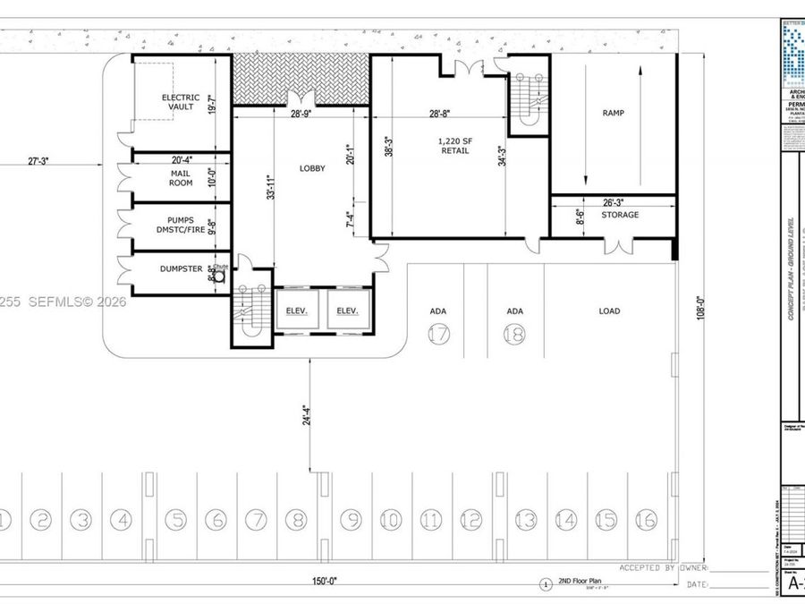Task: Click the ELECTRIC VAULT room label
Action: pyautogui.click(x=179, y=102)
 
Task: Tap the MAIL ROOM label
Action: pyautogui.click(x=180, y=177)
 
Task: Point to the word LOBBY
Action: pyautogui.click(x=312, y=168)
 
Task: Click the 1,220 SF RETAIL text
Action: pyautogui.click(x=454, y=147)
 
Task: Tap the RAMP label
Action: pyautogui.click(x=613, y=114)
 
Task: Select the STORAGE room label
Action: pyautogui.click(x=620, y=215)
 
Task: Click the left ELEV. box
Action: pyautogui.click(x=297, y=311)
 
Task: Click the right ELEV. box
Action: pyautogui.click(x=347, y=311)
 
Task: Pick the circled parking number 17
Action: pyautogui.click(x=437, y=334)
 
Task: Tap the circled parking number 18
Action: pyautogui.click(x=514, y=334)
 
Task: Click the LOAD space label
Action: pyautogui.click(x=609, y=311)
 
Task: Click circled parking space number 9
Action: pyautogui.click(x=350, y=519)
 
